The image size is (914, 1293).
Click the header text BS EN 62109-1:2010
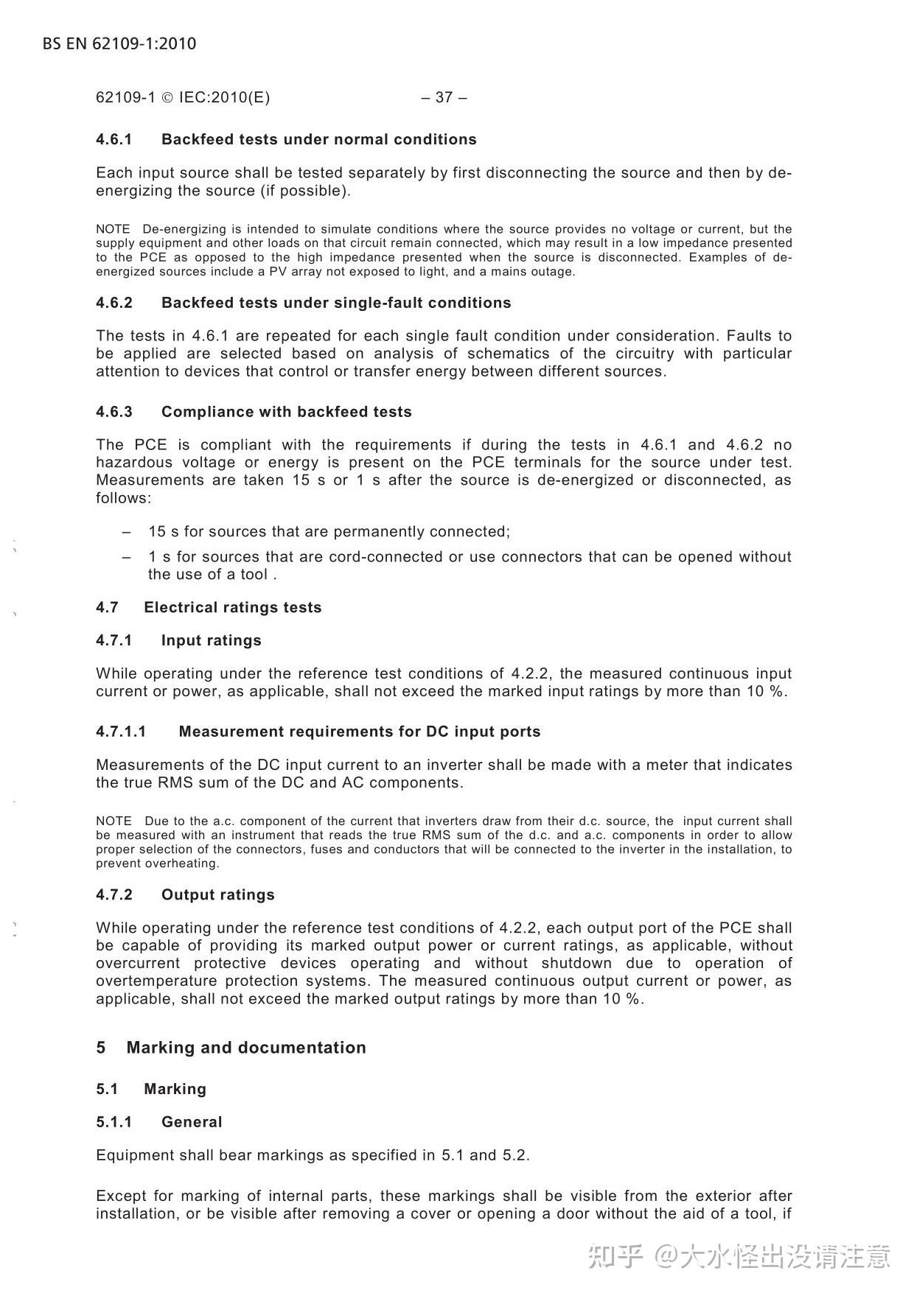tap(119, 43)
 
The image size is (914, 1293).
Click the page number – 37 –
tap(444, 97)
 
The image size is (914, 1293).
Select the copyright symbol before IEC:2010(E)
tap(167, 98)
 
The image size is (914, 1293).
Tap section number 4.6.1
tap(114, 139)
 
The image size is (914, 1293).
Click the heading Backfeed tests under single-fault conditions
tap(336, 303)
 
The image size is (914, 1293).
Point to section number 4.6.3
tap(114, 412)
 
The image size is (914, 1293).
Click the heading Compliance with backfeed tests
tap(287, 412)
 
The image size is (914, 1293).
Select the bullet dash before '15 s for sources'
tap(128, 532)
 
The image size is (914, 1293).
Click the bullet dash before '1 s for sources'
tap(128, 557)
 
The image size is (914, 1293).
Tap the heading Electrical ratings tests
tap(233, 608)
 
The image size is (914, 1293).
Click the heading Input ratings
tap(212, 640)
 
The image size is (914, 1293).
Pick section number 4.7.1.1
tap(121, 732)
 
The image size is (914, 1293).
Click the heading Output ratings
tap(218, 894)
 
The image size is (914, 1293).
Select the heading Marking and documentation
tap(246, 1048)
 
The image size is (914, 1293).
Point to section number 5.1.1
tap(114, 1122)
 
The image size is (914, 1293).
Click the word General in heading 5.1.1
tap(192, 1122)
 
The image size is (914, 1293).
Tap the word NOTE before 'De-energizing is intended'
tap(113, 229)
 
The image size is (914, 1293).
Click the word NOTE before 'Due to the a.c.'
tap(114, 821)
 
